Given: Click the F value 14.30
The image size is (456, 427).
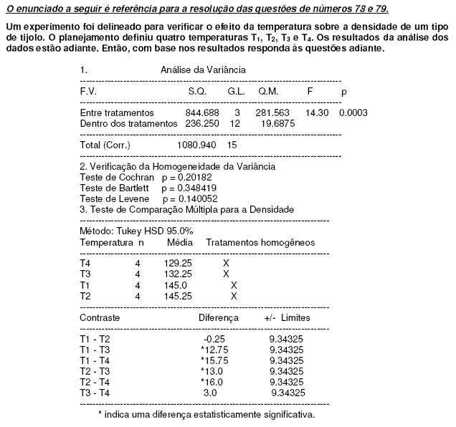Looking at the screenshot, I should (317, 113).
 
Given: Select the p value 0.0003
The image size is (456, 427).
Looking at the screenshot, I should (353, 113).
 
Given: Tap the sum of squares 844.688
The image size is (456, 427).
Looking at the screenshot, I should (201, 113).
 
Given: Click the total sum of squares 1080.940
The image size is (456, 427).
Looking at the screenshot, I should (196, 145).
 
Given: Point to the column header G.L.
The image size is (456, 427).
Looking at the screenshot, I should (237, 92).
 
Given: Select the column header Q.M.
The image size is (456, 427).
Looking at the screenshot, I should (268, 92).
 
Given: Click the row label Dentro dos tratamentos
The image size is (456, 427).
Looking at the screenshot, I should (128, 124).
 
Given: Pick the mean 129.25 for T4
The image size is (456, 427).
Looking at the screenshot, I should (178, 264).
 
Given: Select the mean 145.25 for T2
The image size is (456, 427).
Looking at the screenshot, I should (178, 295).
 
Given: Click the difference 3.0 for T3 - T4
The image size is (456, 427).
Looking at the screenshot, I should (210, 393).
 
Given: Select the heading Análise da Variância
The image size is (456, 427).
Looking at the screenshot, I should (204, 70).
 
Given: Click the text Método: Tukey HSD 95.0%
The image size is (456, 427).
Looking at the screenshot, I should (136, 231).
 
